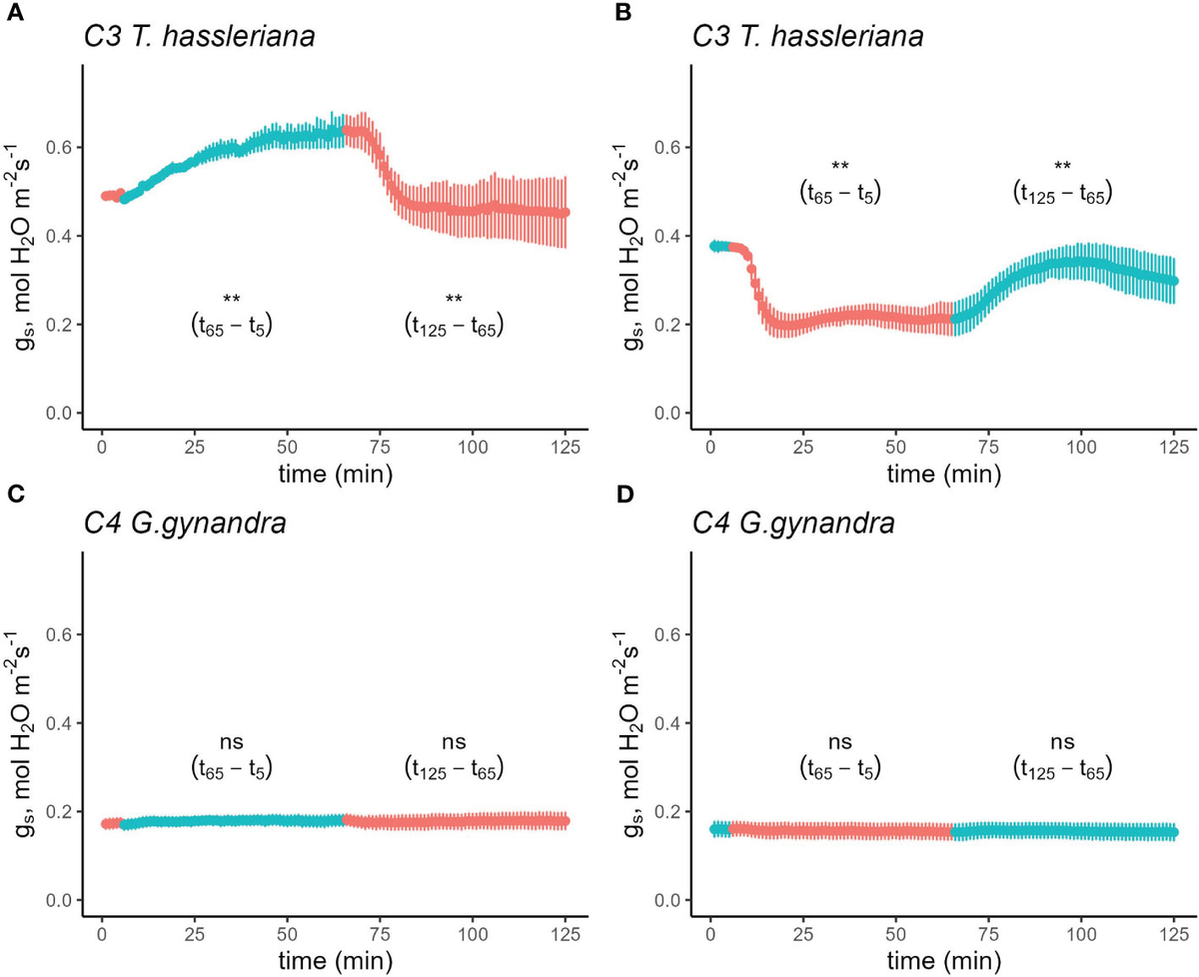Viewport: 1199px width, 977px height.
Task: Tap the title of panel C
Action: coord(183,523)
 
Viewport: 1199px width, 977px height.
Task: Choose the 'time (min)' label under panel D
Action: coord(943,960)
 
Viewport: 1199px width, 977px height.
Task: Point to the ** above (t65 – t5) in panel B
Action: coord(840,166)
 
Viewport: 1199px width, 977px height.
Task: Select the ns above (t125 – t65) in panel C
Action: coord(454,741)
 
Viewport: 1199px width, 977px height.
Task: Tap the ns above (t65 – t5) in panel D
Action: coord(840,741)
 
